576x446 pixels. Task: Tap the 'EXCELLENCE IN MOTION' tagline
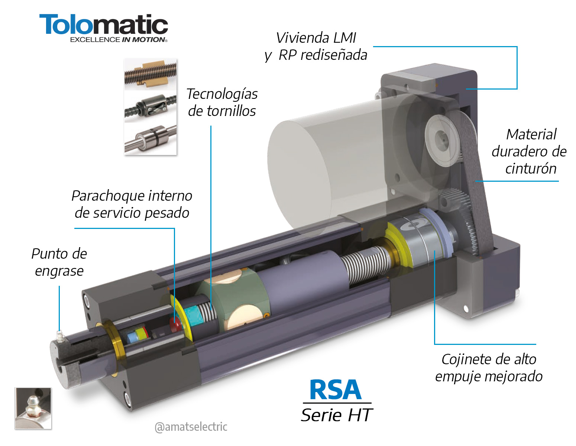pyautogui.click(x=118, y=40)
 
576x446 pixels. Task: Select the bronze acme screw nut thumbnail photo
pyautogui.click(x=150, y=74)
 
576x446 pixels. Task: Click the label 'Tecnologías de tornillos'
pyautogui.click(x=222, y=103)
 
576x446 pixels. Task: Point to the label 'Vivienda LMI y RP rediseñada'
pyautogui.click(x=316, y=46)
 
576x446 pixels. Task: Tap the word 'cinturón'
pyautogui.click(x=531, y=169)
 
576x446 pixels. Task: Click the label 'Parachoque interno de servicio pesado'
pyautogui.click(x=132, y=204)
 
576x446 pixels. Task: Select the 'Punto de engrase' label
pyautogui.click(x=59, y=262)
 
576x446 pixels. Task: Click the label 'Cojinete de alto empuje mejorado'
pyautogui.click(x=489, y=368)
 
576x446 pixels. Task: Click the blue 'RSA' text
pyautogui.click(x=335, y=390)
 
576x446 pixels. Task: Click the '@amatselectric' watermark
pyautogui.click(x=191, y=427)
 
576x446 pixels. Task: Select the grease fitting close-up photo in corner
pyautogui.click(x=33, y=408)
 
